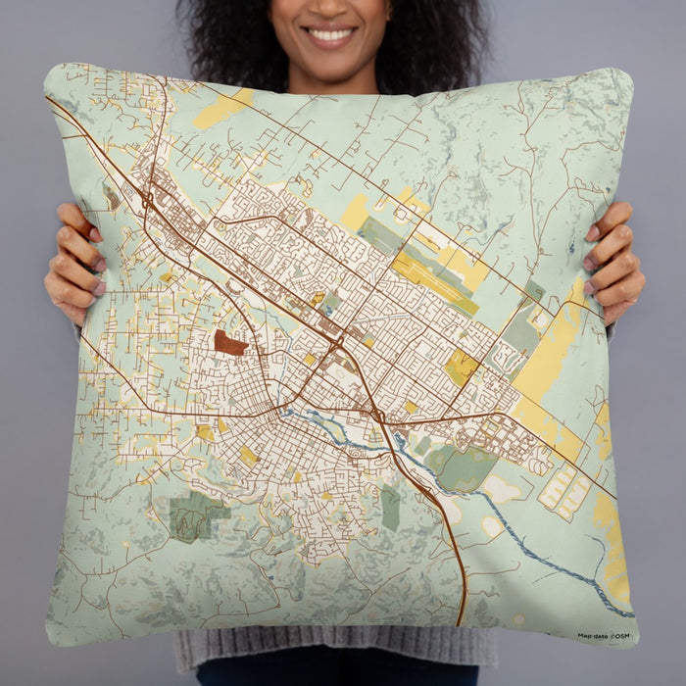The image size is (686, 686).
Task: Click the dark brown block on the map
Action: pyautogui.click(x=230, y=343)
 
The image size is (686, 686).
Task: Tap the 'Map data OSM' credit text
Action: pyautogui.click(x=604, y=635)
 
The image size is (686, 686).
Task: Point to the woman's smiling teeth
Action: pyautogui.click(x=331, y=35)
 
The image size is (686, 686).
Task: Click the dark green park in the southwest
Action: pyautogui.click(x=198, y=515)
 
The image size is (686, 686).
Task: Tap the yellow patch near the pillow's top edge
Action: pyautogui.click(x=223, y=109)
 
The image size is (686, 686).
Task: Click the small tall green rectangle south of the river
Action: pyautogui.click(x=390, y=508)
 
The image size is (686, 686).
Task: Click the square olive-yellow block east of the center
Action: pyautogui.click(x=461, y=367)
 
